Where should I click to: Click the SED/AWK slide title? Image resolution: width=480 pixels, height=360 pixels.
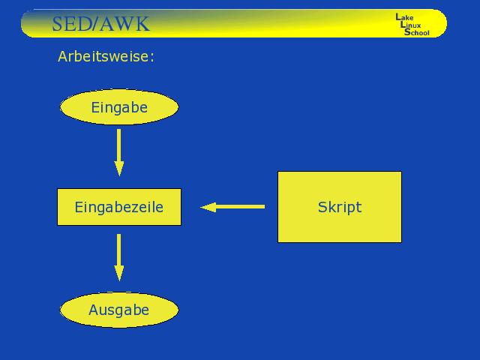(100, 24)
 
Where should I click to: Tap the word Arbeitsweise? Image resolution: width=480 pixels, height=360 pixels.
(103, 56)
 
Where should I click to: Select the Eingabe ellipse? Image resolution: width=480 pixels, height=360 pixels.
(119, 106)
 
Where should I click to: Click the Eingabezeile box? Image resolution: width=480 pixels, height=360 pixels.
(119, 207)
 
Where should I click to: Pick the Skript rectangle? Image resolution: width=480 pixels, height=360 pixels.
(340, 207)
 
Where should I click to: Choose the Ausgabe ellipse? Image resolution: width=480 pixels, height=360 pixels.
(119, 310)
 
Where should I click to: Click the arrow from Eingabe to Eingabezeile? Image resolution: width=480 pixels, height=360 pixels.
(119, 152)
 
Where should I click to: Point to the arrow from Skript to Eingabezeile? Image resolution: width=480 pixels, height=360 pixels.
(232, 207)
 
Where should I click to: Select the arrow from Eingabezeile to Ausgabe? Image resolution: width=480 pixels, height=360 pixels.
(119, 257)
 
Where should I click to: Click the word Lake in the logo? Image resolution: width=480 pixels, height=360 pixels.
(404, 17)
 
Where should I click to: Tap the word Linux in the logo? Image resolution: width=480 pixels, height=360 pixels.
(410, 25)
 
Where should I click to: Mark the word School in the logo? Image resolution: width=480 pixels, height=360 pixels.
(417, 32)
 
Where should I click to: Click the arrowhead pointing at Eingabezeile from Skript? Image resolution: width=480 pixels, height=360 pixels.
(208, 207)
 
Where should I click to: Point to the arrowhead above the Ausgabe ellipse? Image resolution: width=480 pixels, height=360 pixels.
(119, 273)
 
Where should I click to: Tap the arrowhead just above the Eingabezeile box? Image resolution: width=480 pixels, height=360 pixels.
(119, 168)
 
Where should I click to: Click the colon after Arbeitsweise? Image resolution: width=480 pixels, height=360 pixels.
(152, 58)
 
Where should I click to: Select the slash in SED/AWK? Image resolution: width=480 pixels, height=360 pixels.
(95, 24)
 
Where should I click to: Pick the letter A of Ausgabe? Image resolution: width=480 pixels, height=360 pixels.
(94, 310)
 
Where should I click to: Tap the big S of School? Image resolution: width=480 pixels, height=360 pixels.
(407, 32)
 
